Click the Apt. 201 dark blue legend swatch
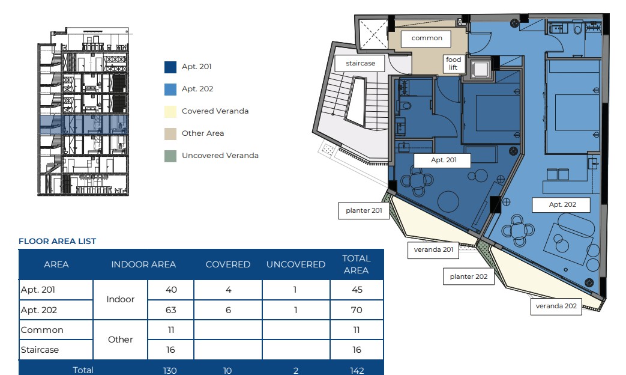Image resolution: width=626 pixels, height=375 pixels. coord(170,67)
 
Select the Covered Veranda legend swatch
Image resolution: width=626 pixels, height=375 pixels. coord(170,112)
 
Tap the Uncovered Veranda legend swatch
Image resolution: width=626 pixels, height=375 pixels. coord(170,156)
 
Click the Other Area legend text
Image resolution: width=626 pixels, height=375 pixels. coord(203,133)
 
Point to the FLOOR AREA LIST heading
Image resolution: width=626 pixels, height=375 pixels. coord(57,241)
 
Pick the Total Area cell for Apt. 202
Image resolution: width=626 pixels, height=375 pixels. coord(357,310)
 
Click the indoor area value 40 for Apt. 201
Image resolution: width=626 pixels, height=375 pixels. coord(171,290)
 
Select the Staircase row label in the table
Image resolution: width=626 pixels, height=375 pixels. coord(40,350)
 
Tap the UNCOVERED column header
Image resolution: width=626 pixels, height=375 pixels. coord(296,264)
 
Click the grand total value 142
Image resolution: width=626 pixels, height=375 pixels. coord(357,371)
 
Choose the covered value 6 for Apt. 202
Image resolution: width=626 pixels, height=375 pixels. coord(228,310)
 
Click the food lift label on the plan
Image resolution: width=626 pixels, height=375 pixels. coord(453,64)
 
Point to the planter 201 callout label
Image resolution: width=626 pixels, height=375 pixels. coord(364,210)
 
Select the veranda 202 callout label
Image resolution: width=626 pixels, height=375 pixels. coord(556,306)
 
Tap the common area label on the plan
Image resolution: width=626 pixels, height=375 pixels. coord(427,38)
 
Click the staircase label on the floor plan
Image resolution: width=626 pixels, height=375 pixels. coord(360,63)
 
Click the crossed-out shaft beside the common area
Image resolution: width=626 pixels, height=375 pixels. coord(373,35)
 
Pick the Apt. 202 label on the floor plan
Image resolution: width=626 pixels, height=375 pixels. coord(562,205)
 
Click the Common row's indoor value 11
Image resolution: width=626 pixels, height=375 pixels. coord(171,330)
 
